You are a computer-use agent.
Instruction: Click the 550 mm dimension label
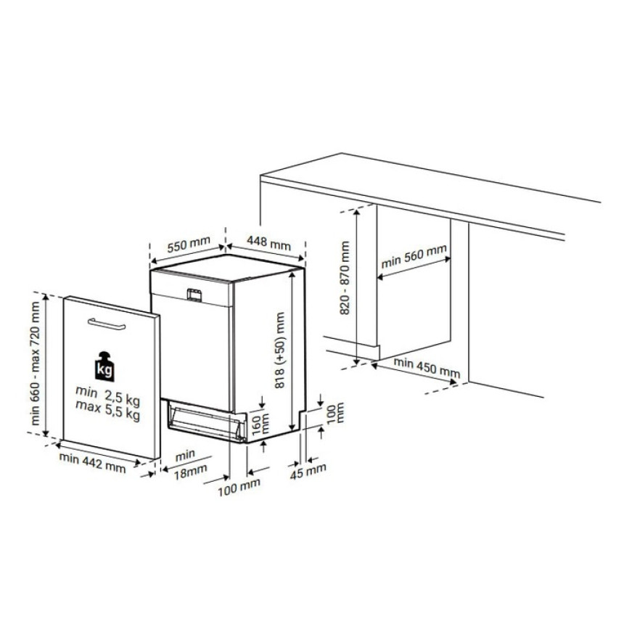pos(189,244)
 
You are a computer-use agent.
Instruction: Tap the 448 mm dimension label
pos(268,242)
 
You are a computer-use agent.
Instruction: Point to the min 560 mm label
pos(414,257)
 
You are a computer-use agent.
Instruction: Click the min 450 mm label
pos(427,368)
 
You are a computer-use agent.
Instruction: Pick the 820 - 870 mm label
pos(345,278)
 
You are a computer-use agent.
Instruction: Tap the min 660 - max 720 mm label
pos(36,364)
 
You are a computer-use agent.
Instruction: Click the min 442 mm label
pos(92,463)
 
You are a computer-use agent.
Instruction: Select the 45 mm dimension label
pos(308,471)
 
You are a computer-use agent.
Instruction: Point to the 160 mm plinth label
pos(261,424)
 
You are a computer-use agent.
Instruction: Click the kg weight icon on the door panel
pos(104,366)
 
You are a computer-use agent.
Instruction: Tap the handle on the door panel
pos(107,324)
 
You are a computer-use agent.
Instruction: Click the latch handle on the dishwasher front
pos(194,295)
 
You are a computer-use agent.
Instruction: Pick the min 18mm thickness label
pos(189,464)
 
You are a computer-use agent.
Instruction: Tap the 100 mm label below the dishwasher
pos(239,488)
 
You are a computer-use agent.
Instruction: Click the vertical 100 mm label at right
pos(334,413)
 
